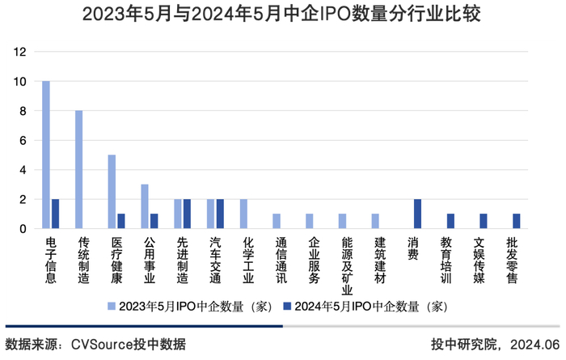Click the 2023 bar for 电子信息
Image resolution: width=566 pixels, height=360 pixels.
46,155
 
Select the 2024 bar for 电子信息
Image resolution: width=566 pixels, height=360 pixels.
55,214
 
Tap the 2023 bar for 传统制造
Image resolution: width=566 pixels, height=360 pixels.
79,169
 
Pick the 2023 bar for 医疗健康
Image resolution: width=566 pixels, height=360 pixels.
112,192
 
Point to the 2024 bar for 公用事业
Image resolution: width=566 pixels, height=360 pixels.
154,221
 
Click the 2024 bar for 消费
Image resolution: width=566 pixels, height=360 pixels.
418,214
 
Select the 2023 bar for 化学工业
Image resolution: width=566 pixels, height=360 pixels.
243,214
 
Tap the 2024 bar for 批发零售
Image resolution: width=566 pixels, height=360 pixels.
517,221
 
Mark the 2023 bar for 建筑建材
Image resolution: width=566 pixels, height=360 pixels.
375,221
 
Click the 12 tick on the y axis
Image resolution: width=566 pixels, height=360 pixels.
20,53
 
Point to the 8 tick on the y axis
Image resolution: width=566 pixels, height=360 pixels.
23,112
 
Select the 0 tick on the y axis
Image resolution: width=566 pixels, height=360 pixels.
23,229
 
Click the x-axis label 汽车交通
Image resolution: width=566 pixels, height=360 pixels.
215,260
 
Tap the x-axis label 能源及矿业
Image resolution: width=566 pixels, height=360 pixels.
347,265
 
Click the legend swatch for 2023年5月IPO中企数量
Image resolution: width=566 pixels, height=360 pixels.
112,307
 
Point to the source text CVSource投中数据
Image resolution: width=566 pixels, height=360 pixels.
129,344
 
